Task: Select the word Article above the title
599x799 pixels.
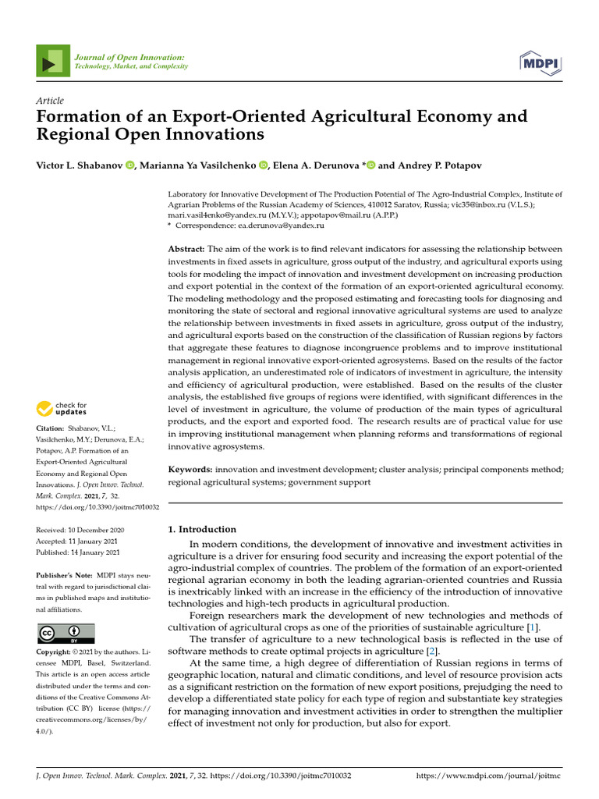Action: pyautogui.click(x=50, y=101)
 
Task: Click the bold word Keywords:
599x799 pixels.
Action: pyautogui.click(x=190, y=470)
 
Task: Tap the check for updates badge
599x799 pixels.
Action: pyautogui.click(x=61, y=408)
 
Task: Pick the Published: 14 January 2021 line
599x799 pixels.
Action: pyautogui.click(x=78, y=552)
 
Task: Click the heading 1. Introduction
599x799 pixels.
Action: pyautogui.click(x=202, y=529)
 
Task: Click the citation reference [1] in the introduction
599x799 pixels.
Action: pyautogui.click(x=531, y=627)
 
